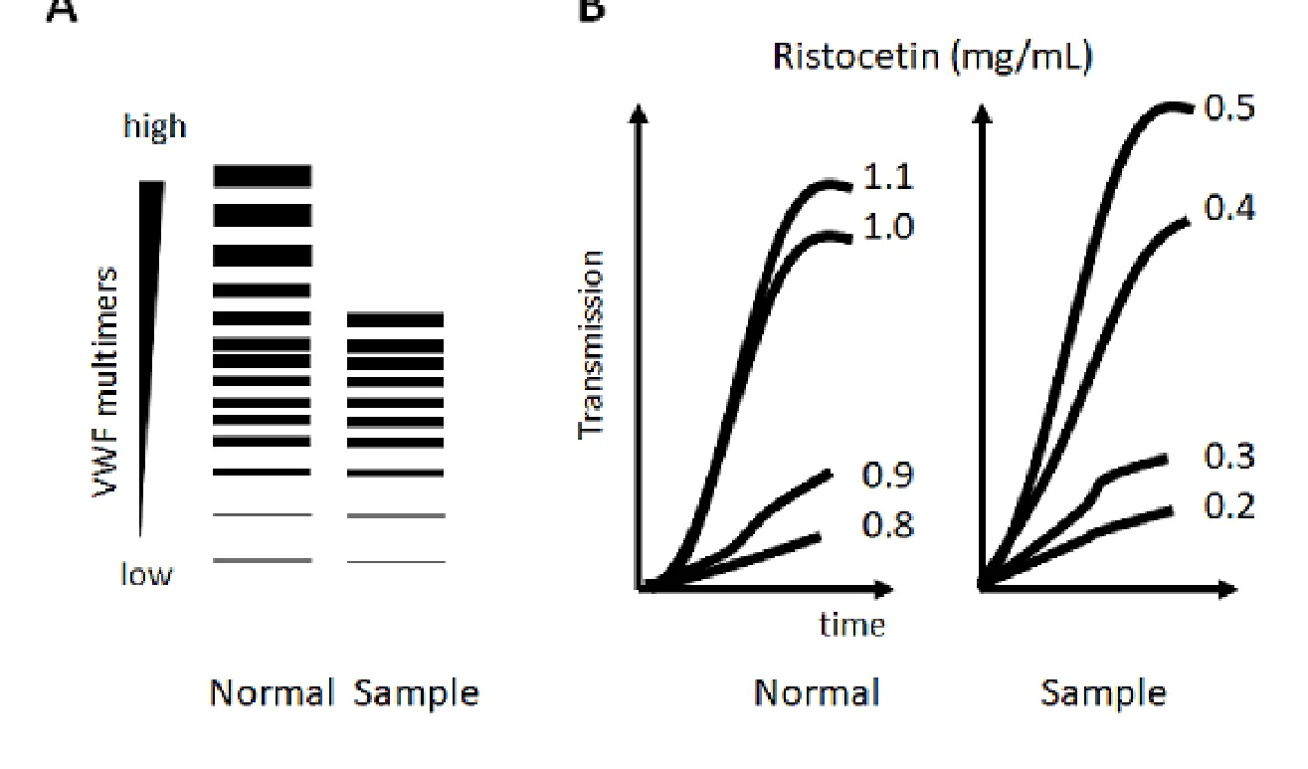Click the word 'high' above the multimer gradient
(155, 126)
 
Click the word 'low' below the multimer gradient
(146, 573)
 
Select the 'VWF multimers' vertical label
(105, 382)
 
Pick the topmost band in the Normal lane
(263, 176)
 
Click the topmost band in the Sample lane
(395, 319)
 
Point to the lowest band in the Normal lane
(263, 560)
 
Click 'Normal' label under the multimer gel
(272, 693)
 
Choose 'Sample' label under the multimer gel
(416, 694)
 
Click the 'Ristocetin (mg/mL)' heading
(933, 58)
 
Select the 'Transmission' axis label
(591, 344)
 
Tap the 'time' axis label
(852, 625)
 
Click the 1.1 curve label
(887, 176)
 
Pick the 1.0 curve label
(887, 227)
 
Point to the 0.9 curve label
(887, 475)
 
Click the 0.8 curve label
(887, 523)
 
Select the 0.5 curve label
(1229, 108)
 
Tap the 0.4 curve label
(1229, 207)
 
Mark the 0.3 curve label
(1229, 456)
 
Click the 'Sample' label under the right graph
(1104, 694)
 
